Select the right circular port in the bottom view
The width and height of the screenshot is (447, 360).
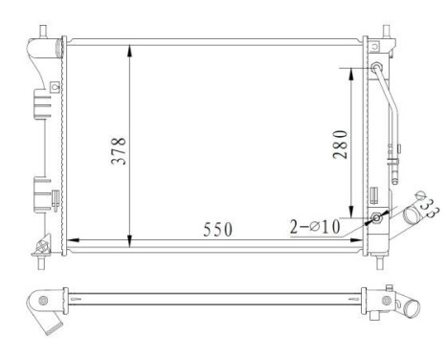point(386,303)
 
